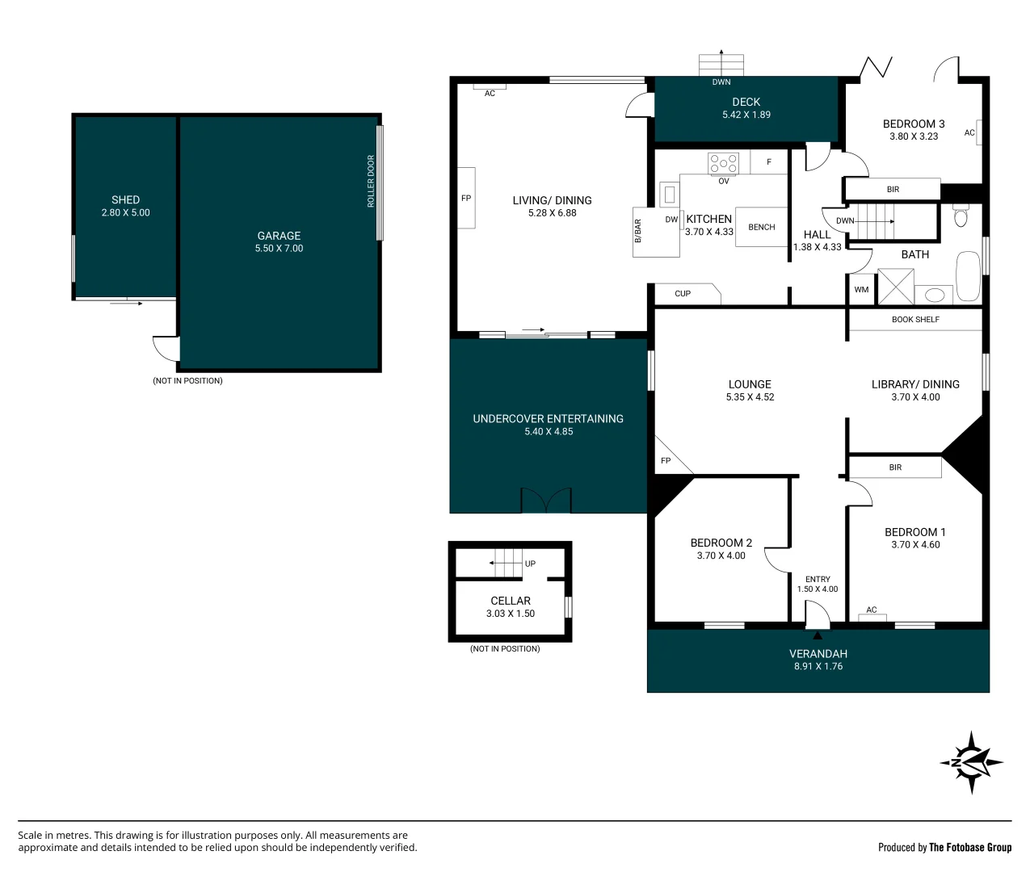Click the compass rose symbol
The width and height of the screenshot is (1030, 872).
click(971, 763)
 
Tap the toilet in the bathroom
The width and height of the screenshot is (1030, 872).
click(960, 215)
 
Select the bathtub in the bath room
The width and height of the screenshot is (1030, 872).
click(968, 276)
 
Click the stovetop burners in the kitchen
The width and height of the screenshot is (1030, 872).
click(723, 163)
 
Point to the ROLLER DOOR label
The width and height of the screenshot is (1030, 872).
click(370, 181)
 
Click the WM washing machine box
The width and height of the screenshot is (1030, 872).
click(861, 289)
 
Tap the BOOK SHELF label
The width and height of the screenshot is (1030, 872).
click(915, 319)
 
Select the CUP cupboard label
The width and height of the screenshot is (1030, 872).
click(682, 293)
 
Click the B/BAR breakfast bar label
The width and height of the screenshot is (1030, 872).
click(637, 231)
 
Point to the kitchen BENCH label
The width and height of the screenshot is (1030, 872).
click(762, 227)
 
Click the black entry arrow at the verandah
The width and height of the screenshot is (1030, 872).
click(818, 635)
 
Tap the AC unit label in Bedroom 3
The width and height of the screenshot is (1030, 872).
click(969, 132)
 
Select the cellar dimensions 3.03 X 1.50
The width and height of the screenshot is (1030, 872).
click(511, 614)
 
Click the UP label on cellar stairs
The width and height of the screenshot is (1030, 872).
click(530, 564)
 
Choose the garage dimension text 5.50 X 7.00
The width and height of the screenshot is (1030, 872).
click(279, 248)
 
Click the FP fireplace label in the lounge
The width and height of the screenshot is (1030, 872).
click(666, 461)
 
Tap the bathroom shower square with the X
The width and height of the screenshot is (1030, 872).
click(895, 287)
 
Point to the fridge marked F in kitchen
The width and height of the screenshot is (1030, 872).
click(768, 161)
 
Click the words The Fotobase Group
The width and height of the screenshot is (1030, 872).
click(970, 847)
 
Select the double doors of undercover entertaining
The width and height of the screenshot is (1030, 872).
click(545, 500)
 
